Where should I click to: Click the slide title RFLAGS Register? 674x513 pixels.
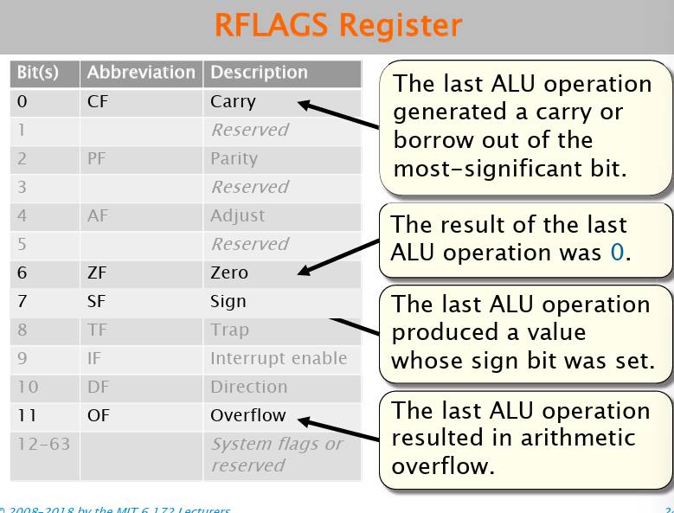[337, 25]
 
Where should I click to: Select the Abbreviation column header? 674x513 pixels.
[141, 73]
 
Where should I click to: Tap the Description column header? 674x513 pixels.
[259, 73]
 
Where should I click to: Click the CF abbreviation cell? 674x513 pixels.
[99, 101]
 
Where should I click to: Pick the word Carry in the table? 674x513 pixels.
[233, 101]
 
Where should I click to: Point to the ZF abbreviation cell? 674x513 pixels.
[99, 273]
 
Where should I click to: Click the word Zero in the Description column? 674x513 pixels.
[229, 273]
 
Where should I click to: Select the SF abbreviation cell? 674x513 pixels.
[99, 301]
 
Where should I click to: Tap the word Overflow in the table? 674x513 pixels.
[247, 415]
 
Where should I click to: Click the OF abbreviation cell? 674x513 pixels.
[99, 415]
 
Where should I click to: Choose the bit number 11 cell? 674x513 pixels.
[27, 415]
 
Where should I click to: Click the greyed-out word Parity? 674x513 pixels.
[234, 158]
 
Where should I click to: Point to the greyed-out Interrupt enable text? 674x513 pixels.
[278, 358]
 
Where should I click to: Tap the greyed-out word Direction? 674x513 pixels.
[248, 387]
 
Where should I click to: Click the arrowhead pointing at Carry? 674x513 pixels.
[304, 105]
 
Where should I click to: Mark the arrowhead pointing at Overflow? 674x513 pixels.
[303, 421]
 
